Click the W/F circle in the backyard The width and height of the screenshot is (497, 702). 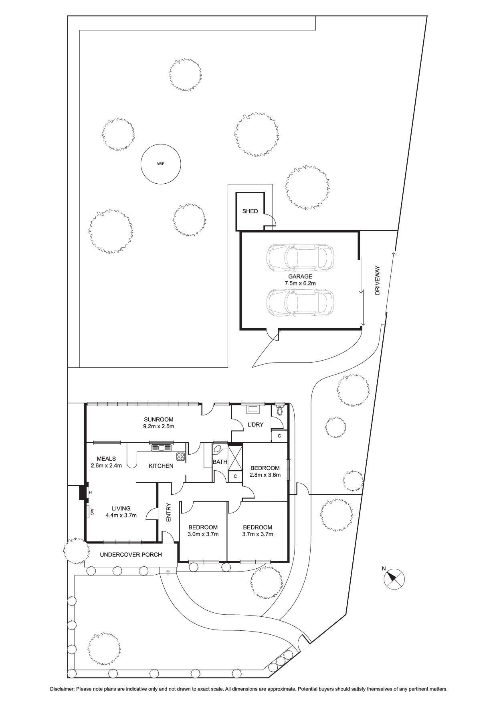coord(161,163)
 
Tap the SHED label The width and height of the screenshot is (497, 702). coord(250,211)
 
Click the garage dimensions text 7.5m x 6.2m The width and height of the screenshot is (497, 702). coord(300,283)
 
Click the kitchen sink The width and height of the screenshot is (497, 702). coord(161,448)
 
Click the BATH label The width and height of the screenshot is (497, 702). coord(220,461)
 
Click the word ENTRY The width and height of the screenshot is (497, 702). coord(169,512)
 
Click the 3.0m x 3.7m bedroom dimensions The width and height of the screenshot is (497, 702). coord(203,534)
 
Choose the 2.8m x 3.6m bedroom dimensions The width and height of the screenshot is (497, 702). coord(265,475)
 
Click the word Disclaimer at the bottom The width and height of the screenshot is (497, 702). coord(62,689)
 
